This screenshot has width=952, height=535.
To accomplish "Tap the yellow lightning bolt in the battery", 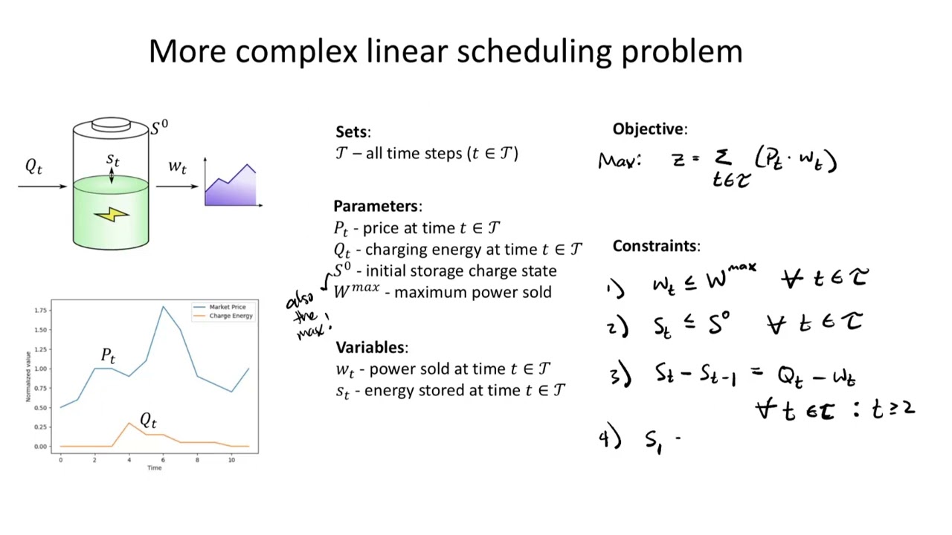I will (x=112, y=215).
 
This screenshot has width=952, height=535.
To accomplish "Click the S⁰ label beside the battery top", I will (x=159, y=128).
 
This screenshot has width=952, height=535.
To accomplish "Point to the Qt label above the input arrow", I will (x=34, y=166).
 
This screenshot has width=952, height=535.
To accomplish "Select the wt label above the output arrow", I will (x=177, y=166).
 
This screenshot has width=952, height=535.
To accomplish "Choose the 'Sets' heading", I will (x=352, y=132).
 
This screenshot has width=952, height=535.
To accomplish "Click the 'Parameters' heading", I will (x=377, y=206).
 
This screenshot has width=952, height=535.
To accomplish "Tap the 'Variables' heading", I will (x=371, y=347).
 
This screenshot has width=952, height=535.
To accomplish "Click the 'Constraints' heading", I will (x=656, y=246).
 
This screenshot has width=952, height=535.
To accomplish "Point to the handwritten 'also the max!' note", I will (x=306, y=314).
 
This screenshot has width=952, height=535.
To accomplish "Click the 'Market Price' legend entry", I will (x=227, y=307).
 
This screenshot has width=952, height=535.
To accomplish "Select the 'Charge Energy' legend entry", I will (x=231, y=316).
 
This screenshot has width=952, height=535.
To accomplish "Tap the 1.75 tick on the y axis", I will (x=41, y=311).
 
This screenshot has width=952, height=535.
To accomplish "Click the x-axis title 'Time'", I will (x=154, y=467).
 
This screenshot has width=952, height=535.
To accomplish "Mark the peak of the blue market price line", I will (x=163, y=306).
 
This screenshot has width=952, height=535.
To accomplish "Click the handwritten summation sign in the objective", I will (x=722, y=158).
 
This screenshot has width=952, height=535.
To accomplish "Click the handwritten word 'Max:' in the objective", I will (x=619, y=160).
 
